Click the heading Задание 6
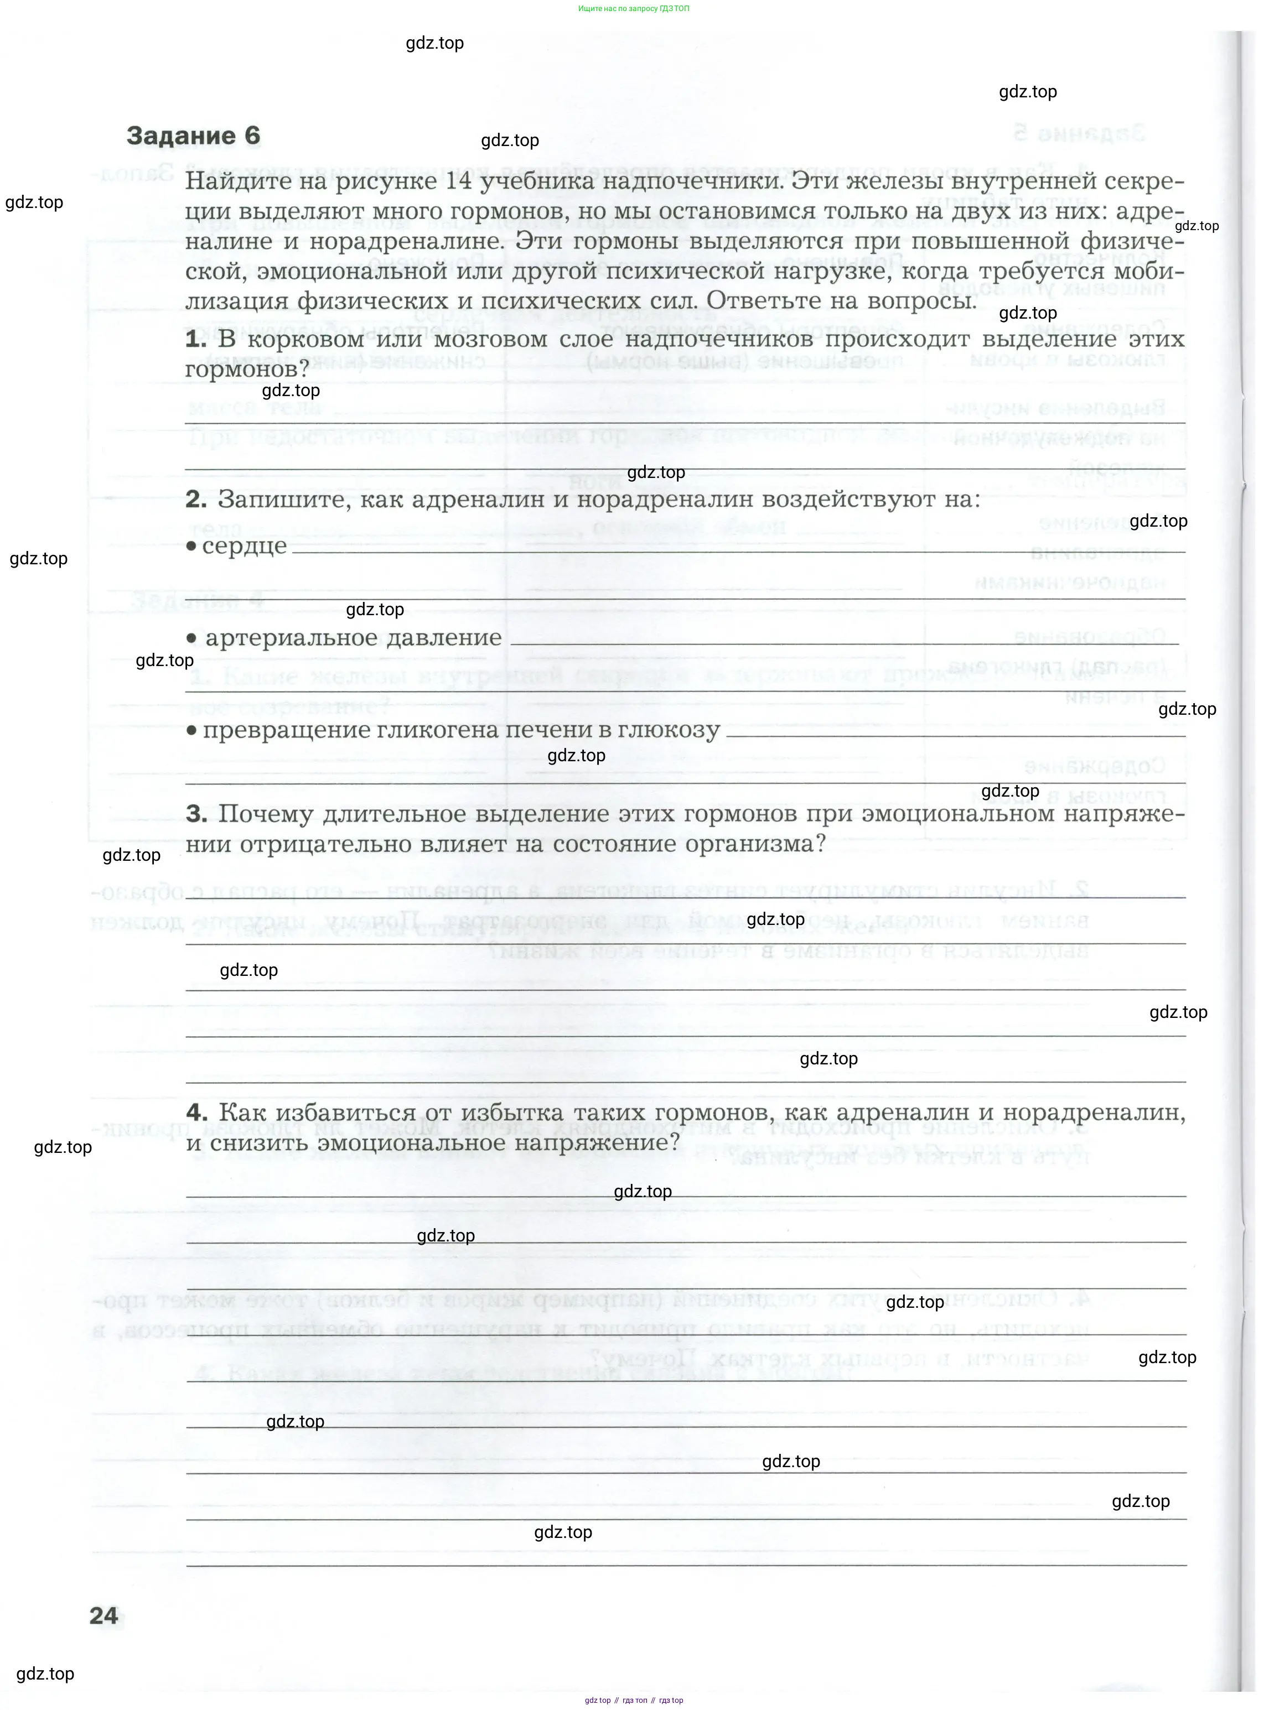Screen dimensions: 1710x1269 (194, 136)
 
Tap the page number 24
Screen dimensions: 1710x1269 (103, 1615)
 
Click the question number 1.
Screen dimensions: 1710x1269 (195, 339)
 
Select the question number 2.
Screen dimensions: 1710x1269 (196, 500)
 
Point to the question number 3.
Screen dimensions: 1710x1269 (196, 814)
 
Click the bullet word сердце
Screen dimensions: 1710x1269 (244, 546)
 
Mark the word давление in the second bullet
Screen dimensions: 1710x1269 (454, 638)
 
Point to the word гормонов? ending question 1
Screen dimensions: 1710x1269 (247, 370)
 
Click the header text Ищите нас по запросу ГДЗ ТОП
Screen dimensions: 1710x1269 (634, 8)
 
